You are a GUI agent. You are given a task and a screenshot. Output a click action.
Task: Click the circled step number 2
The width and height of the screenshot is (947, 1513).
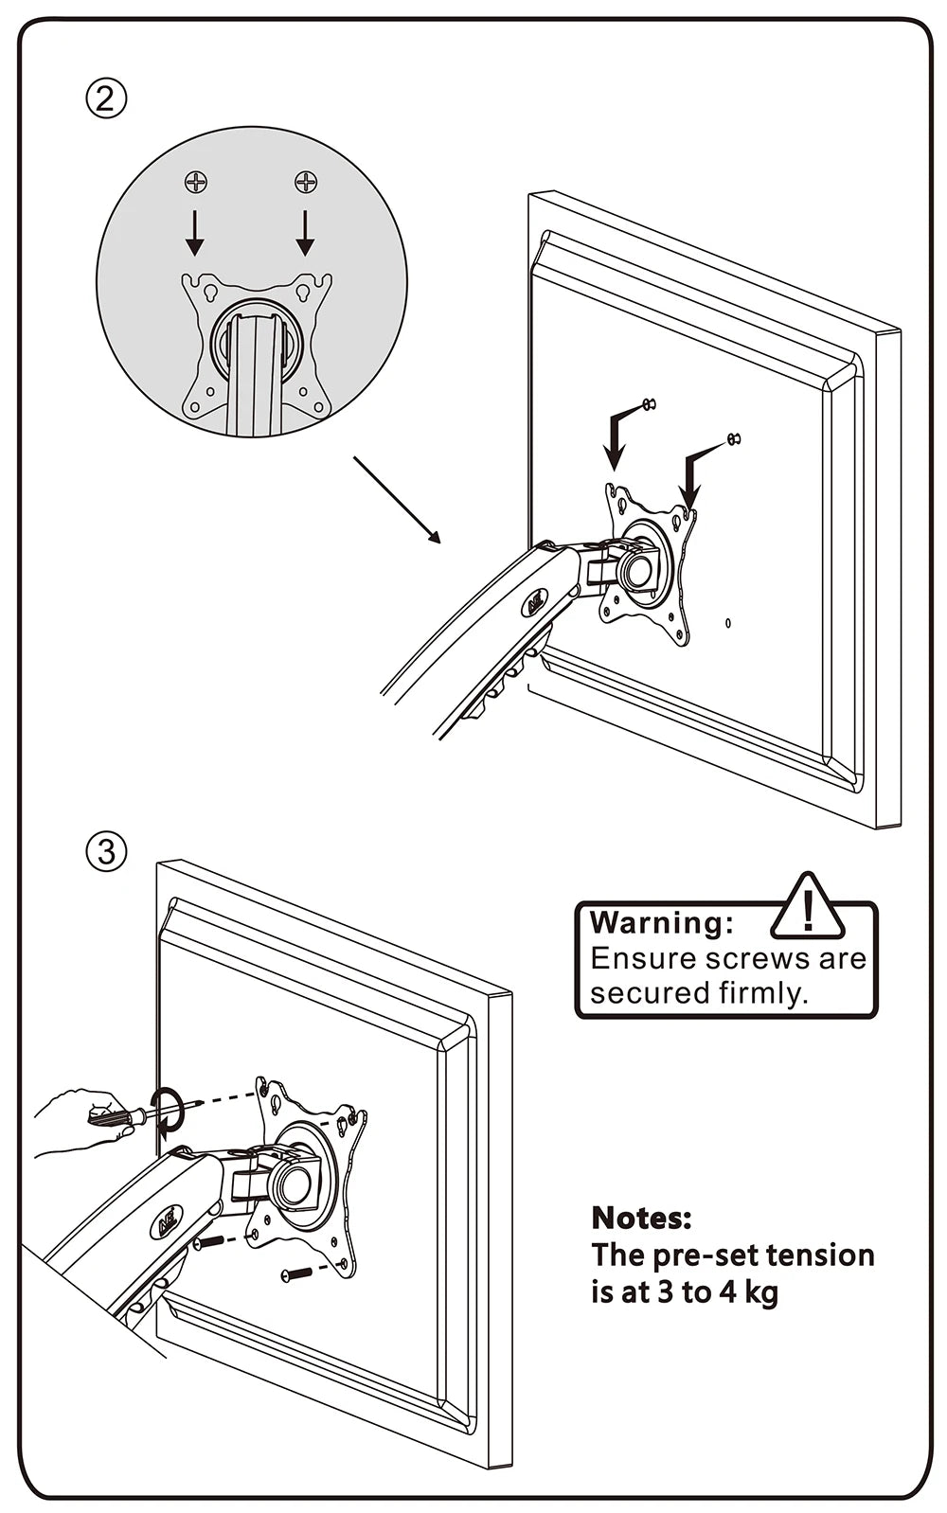coord(106,98)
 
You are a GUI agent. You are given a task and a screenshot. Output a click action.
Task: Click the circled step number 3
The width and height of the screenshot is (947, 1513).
coord(106,851)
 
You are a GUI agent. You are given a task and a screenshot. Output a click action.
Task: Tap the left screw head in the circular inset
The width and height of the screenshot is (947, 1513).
coord(195,181)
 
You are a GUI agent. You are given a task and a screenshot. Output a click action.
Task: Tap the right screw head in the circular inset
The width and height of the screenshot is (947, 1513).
coord(305,181)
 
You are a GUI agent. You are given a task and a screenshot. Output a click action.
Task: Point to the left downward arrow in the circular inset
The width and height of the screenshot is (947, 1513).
coord(195,233)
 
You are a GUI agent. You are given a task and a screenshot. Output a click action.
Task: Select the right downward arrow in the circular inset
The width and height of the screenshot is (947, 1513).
coord(305,233)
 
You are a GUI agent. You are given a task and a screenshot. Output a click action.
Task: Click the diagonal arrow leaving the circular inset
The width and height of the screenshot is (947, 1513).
coord(398,500)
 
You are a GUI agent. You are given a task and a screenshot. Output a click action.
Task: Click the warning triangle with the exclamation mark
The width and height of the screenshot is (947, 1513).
coord(807,907)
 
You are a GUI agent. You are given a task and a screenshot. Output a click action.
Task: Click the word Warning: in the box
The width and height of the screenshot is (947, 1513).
coord(661,922)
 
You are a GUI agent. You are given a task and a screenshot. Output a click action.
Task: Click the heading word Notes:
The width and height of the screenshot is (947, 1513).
coord(641,1218)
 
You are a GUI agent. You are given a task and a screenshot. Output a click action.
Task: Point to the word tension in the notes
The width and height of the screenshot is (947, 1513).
coord(819,1255)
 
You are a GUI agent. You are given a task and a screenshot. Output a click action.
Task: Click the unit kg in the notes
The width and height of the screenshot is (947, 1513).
coord(759,1291)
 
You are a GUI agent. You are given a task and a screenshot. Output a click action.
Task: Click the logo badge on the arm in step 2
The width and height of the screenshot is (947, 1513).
coord(536,601)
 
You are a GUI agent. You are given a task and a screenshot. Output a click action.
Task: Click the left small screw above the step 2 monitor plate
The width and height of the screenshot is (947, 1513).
coord(649,405)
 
